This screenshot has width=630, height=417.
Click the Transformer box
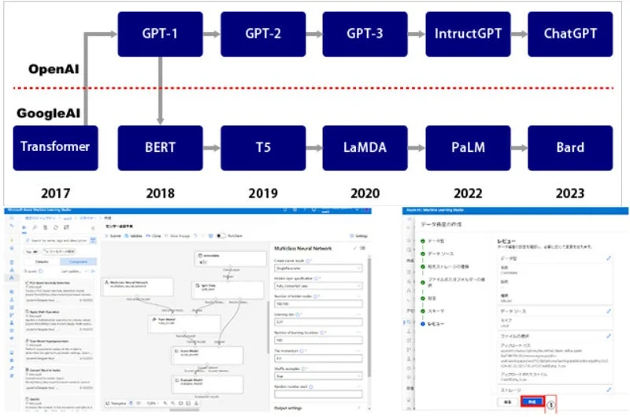click(55, 147)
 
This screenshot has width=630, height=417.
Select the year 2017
click(54, 192)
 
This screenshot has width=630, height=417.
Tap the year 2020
click(365, 192)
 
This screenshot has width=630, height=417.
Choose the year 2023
click(569, 192)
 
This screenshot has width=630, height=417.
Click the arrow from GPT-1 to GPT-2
click(212, 34)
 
